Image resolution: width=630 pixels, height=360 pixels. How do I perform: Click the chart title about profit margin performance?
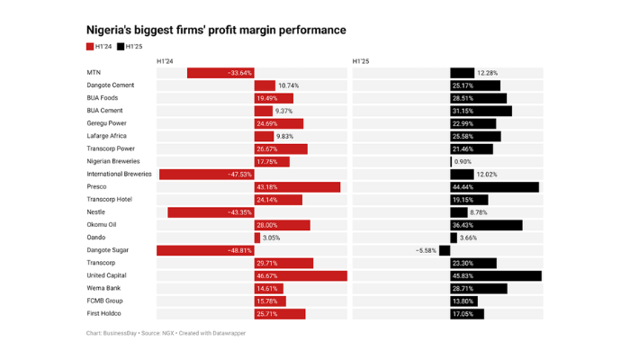[x=215, y=31]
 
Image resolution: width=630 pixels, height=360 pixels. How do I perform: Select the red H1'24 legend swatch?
[x=90, y=46]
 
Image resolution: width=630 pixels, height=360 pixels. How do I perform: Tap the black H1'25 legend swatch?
[x=121, y=46]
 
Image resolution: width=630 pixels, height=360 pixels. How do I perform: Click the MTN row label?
[x=94, y=72]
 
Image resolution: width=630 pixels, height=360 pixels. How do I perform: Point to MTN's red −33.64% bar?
[x=220, y=72]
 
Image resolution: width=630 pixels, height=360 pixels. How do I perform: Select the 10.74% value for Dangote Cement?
[x=289, y=85]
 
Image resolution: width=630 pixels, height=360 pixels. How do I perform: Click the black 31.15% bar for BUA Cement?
[x=481, y=111]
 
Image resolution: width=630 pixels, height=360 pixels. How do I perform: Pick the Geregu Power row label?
[x=106, y=123]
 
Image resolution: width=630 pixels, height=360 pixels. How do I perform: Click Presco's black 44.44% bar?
[x=494, y=187]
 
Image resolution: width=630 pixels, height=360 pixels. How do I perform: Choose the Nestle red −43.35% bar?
[x=211, y=212]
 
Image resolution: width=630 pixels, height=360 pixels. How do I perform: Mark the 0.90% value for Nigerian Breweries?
[x=463, y=162]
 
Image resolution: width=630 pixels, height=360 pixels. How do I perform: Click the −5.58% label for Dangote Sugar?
[x=426, y=250]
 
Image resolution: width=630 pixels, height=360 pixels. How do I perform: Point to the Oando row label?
[x=96, y=238]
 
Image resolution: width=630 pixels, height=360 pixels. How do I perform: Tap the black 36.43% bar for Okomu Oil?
[x=486, y=225]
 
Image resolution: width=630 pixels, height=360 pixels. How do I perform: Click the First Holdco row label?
[x=103, y=313]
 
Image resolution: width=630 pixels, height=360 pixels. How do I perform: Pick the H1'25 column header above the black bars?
[x=361, y=60]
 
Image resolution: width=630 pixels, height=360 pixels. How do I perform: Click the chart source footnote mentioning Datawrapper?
[x=166, y=333]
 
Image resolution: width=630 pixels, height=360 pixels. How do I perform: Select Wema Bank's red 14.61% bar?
[x=268, y=288]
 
